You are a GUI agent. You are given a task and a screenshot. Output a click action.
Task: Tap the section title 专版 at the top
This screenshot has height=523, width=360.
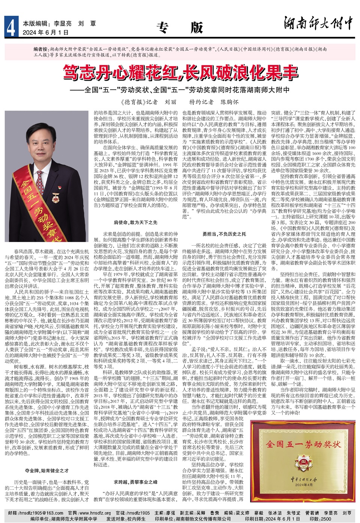click(x=180, y=27)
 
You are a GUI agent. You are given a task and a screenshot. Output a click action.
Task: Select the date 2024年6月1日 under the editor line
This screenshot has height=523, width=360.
click(x=46, y=33)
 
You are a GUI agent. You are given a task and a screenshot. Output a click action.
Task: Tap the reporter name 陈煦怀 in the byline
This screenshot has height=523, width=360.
click(x=229, y=102)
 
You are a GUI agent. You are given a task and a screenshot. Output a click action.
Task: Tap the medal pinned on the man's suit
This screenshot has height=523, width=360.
click(x=56, y=198)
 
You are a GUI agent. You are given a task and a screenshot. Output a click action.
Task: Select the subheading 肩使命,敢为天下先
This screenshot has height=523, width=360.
click(x=135, y=223)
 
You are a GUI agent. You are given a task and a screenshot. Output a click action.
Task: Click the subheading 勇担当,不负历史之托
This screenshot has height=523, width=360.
click(x=224, y=234)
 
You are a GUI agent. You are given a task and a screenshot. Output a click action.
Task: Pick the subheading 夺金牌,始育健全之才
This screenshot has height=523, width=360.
click(x=47, y=470)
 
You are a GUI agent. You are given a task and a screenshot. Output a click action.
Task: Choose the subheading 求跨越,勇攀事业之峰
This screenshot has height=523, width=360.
click(x=135, y=482)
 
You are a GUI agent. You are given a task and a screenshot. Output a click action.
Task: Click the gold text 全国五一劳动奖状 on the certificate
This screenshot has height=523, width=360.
click(x=304, y=444)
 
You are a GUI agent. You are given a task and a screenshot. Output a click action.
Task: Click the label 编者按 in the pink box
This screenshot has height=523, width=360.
click(x=41, y=49)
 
